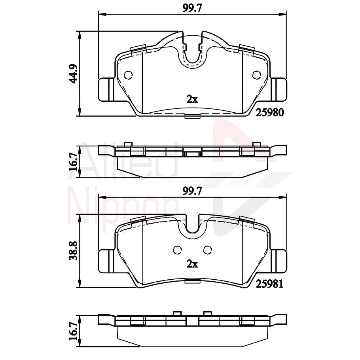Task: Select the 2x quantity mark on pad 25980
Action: coord(192,100)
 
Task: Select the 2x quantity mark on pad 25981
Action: coord(192,264)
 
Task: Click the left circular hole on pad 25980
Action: coord(128,74)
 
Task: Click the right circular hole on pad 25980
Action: coord(256,74)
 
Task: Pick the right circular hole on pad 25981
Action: coord(207,249)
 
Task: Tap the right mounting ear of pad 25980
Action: coord(279,89)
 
